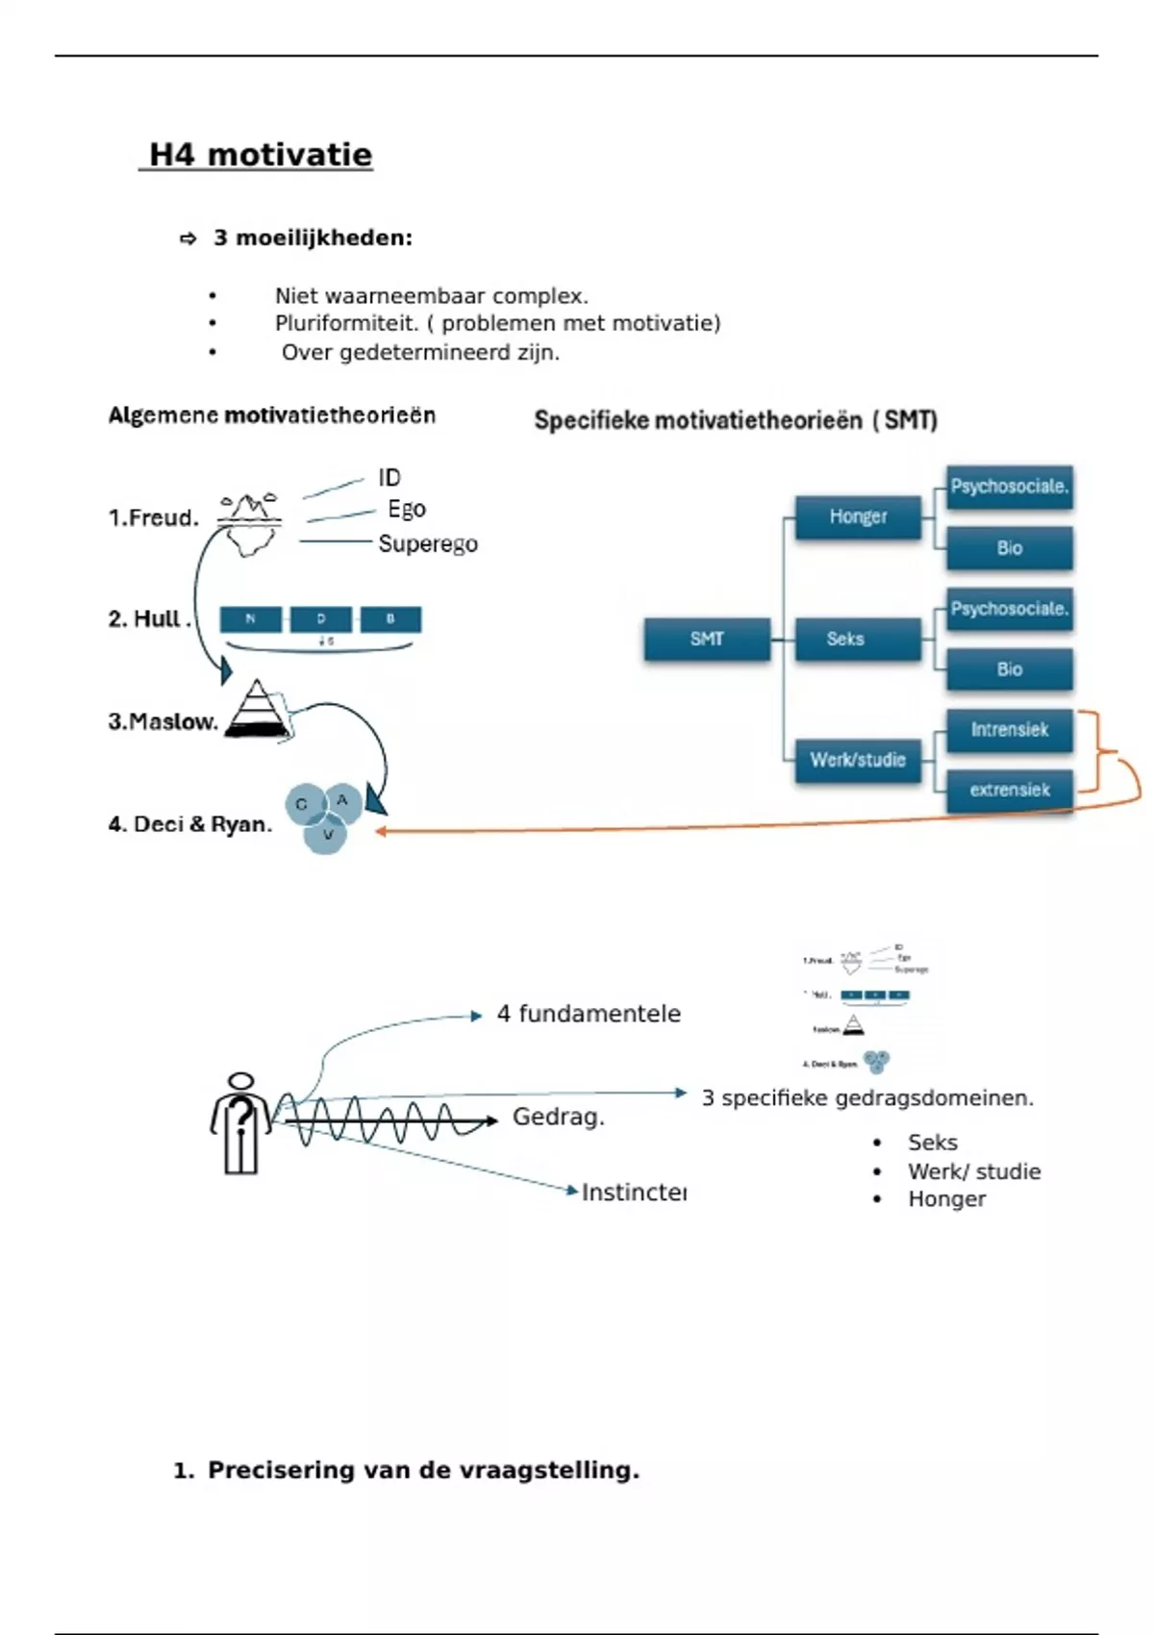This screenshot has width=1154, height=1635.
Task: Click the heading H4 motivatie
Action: pyautogui.click(x=260, y=155)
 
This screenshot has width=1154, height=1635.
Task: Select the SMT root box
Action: pyautogui.click(x=707, y=639)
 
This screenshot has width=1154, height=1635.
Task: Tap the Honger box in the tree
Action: pyautogui.click(x=858, y=517)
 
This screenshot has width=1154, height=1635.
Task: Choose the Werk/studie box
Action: pyautogui.click(x=858, y=760)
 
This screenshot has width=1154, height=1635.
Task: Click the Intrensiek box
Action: pyautogui.click(x=1009, y=730)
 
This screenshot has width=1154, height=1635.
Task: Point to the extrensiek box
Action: pyautogui.click(x=1009, y=791)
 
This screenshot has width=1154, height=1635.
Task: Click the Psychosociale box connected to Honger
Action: pyautogui.click(x=1009, y=487)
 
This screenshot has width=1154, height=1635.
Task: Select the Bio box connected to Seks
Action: pyautogui.click(x=1009, y=669)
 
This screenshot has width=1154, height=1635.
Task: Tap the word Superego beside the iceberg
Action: pyautogui.click(x=428, y=544)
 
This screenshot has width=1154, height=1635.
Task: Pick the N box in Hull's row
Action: pyautogui.click(x=251, y=619)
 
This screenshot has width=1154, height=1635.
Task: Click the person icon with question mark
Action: pyautogui.click(x=240, y=1123)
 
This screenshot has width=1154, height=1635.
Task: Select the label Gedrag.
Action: pyautogui.click(x=558, y=1118)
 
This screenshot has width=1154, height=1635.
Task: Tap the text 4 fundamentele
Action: pyautogui.click(x=589, y=1014)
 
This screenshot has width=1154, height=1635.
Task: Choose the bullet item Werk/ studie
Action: pyautogui.click(x=973, y=1171)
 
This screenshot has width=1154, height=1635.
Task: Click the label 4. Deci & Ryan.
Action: pyautogui.click(x=189, y=824)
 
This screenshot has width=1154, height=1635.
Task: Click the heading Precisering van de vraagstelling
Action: pyautogui.click(x=423, y=1471)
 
